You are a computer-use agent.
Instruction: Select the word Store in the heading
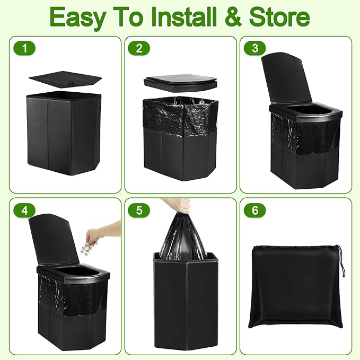(x=279, y=17)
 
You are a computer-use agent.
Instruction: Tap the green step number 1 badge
(x=24, y=49)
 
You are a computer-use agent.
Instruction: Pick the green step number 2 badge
(x=139, y=49)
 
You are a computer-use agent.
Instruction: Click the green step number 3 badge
(x=255, y=49)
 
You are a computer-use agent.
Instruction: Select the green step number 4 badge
(x=24, y=210)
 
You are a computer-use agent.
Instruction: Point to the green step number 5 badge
(x=139, y=210)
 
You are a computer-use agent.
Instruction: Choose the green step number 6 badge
(x=255, y=210)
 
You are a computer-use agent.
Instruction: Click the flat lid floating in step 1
(x=65, y=80)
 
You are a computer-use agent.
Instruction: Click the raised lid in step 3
(x=287, y=79)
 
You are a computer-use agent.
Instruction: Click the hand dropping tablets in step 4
(x=103, y=232)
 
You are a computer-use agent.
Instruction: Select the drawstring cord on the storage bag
(x=341, y=259)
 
